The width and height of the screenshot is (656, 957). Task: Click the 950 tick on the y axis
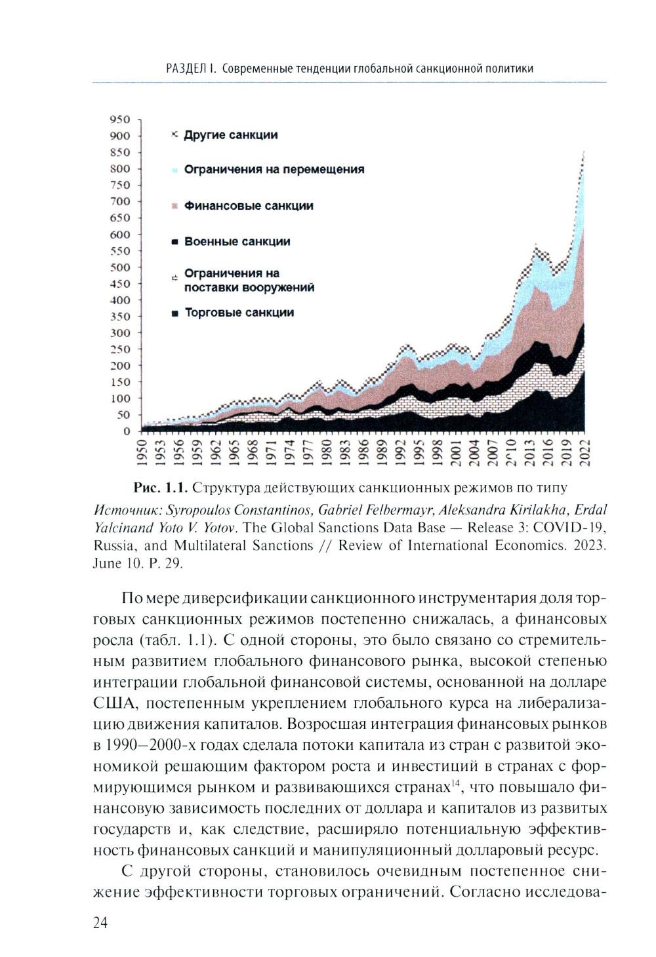121,119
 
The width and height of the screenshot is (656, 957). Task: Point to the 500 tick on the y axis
121,267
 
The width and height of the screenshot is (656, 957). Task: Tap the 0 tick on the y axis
127,431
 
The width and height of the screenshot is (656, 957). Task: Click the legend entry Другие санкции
230,135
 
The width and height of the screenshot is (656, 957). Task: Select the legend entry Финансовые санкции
249,206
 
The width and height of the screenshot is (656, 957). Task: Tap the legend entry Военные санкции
237,242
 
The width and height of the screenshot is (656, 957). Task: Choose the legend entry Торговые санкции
239,313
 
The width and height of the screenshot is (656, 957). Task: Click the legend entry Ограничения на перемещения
274,170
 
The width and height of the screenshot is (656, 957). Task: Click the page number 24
100,924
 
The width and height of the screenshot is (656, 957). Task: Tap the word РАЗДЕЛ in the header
186,69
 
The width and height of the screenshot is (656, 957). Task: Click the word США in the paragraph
116,704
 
